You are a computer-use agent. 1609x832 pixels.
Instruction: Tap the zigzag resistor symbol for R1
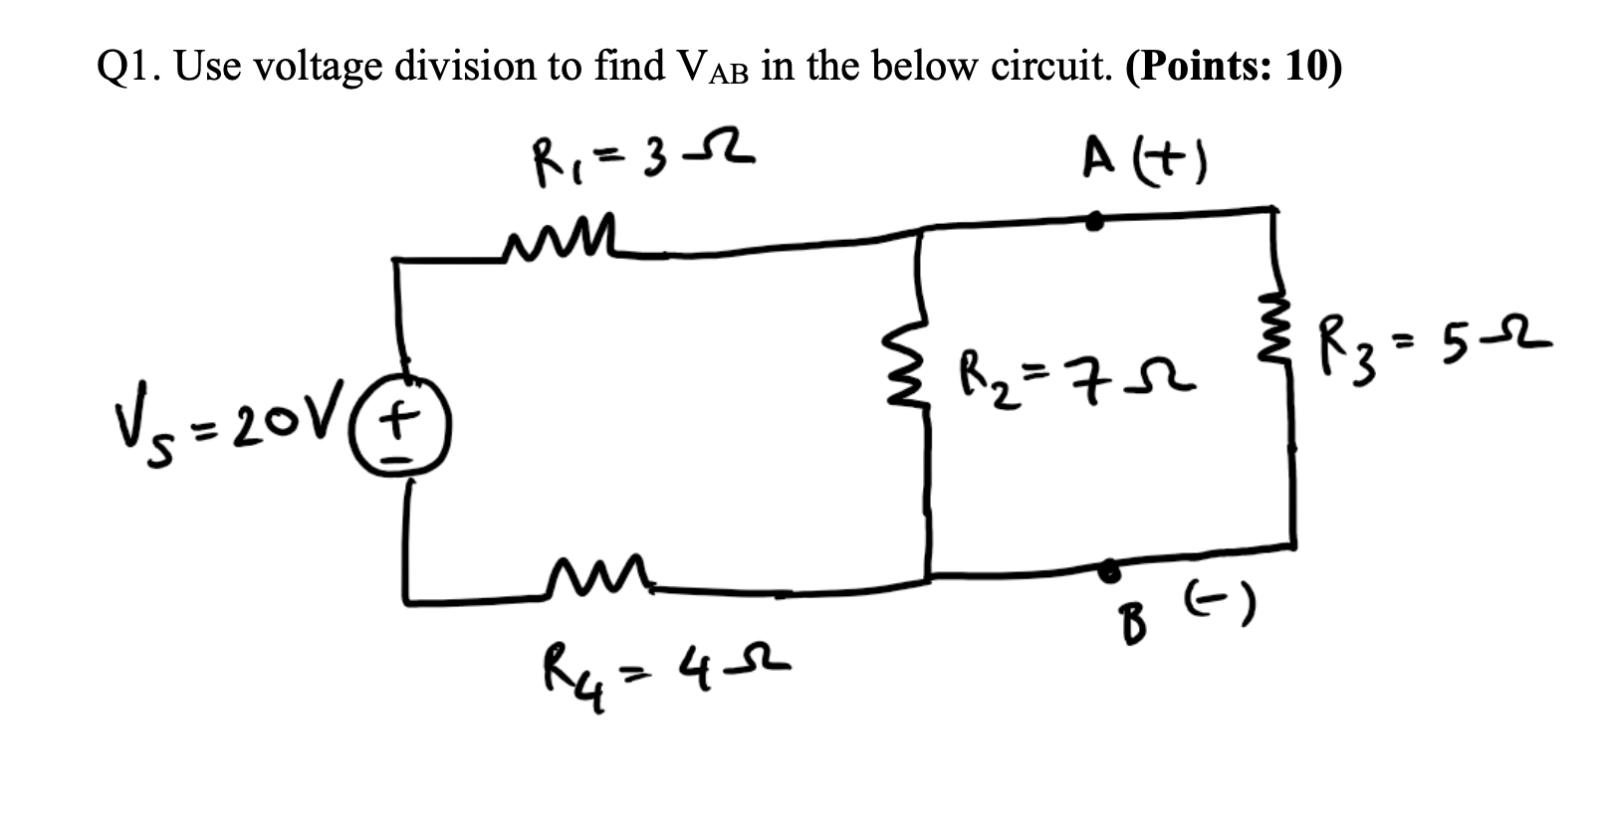tap(563, 242)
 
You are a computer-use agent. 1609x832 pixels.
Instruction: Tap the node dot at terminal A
tap(1094, 222)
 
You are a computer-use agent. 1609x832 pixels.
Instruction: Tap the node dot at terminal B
tap(1107, 569)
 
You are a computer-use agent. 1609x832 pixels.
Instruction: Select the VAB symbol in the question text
tap(711, 69)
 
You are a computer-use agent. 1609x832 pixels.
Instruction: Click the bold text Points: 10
tap(1234, 66)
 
